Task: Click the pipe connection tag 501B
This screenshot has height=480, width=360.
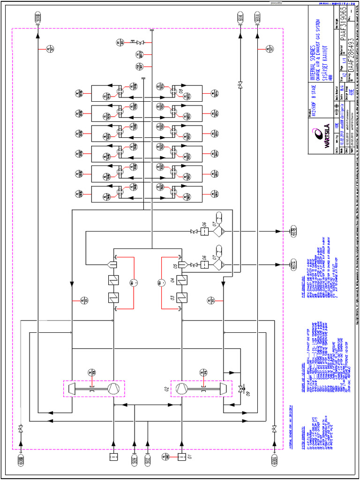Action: tap(38, 19)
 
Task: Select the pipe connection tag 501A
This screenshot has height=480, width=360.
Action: tap(257, 19)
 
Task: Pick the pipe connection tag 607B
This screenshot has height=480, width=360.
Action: tap(293, 232)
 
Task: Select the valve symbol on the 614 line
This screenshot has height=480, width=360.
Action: tap(240, 85)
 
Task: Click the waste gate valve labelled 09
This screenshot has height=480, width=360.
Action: tap(241, 389)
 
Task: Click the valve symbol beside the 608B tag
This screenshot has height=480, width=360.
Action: tap(21, 429)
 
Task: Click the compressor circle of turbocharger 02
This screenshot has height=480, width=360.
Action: tap(180, 388)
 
